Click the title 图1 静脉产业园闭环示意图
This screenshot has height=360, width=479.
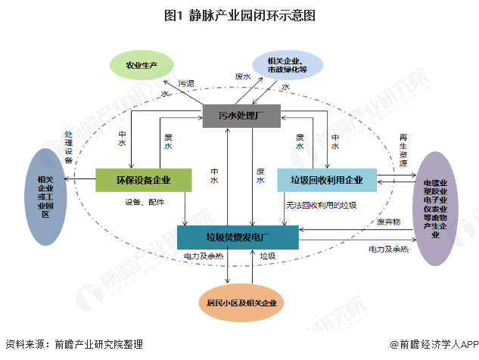[239, 14]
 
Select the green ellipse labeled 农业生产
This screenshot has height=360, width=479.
[142, 65]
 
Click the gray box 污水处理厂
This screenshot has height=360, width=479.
[241, 116]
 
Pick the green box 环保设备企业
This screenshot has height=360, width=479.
[142, 180]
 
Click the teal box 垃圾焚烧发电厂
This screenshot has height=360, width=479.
[238, 237]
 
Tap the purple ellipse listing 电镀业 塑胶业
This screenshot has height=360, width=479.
[435, 208]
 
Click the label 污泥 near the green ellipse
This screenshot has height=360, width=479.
[186, 82]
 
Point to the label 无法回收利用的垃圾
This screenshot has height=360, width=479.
[321, 205]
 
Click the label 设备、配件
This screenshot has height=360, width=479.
[145, 202]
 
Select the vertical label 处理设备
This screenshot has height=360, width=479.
[68, 147]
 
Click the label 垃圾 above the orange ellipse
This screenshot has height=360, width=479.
[267, 256]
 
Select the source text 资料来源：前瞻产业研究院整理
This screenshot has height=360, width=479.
[73, 343]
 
